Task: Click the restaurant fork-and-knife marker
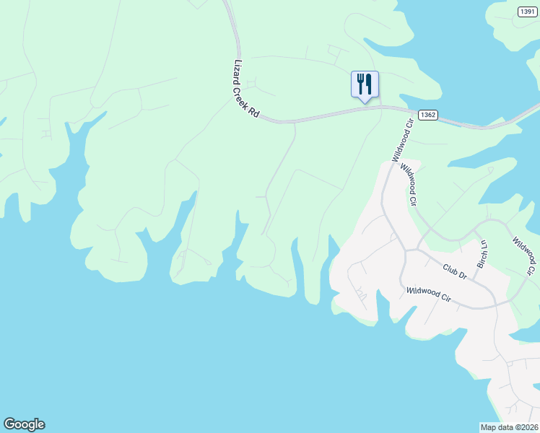coord(365,84)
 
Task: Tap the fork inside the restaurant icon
coord(360,84)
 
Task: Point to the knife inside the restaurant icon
coord(369,84)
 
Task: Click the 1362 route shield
coord(427,115)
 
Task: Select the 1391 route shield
coord(528,11)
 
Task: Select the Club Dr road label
coord(455,271)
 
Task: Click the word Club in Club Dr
coord(451,268)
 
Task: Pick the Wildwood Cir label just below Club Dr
coord(429,295)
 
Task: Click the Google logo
coord(24,424)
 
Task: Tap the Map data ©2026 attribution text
coord(509,427)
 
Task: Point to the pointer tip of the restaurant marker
coord(365,102)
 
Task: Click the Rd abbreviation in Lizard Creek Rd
coord(253,112)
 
